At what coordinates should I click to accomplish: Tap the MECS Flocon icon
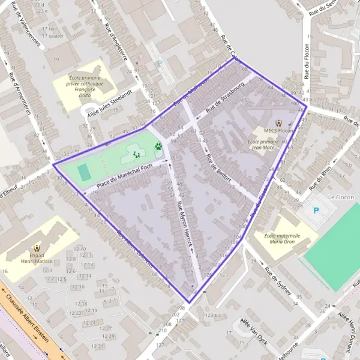(x=277, y=121)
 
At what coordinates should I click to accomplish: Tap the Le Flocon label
(x=341, y=197)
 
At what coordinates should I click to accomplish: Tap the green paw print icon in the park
(x=158, y=146)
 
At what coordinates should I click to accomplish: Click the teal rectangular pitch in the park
(x=84, y=172)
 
